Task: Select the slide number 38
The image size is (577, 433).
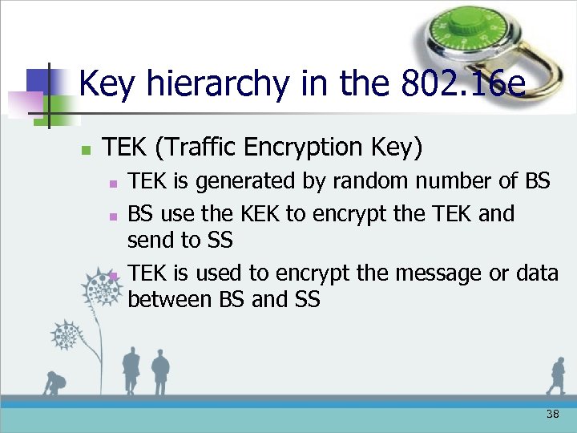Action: pos(552,414)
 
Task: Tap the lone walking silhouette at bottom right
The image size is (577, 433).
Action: pos(555,376)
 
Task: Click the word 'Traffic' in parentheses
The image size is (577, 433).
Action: pos(196,148)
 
